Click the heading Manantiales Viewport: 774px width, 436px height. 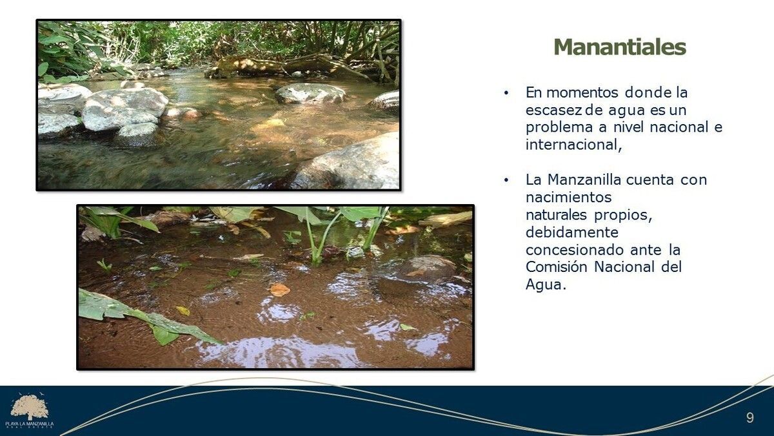click(x=620, y=47)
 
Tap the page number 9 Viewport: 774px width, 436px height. click(x=749, y=418)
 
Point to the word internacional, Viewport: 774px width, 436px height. click(x=573, y=144)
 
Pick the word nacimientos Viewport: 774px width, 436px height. click(x=568, y=197)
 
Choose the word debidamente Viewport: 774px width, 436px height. click(x=572, y=232)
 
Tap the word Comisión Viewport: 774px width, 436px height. click(x=556, y=267)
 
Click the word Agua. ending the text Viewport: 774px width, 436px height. click(x=546, y=285)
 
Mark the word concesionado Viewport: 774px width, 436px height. click(x=574, y=249)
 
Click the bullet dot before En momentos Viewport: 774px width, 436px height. click(x=506, y=93)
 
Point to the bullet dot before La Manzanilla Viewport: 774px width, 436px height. click(x=506, y=180)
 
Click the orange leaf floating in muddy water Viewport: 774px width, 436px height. click(x=279, y=289)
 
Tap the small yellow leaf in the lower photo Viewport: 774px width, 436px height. click(x=183, y=311)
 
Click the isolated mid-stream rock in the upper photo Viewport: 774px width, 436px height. click(x=310, y=94)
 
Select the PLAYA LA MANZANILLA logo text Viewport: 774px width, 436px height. click(x=30, y=424)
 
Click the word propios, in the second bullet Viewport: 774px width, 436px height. click(x=622, y=215)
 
